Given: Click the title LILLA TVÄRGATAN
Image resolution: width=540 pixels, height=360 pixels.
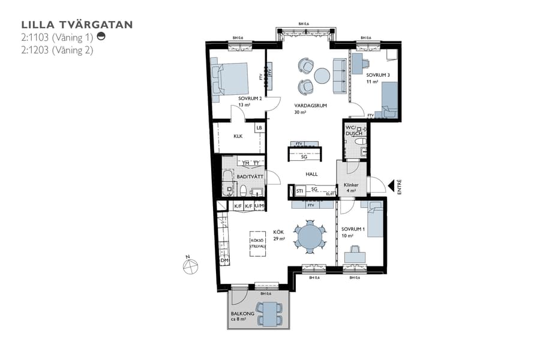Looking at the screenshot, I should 77,25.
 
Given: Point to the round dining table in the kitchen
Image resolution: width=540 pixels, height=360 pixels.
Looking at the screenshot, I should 310,235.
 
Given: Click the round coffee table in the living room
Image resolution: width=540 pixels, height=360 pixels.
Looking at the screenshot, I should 322,76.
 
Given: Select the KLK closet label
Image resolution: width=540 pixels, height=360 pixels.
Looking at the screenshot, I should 238,136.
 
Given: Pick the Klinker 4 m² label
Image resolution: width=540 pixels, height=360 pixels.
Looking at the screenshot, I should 350,188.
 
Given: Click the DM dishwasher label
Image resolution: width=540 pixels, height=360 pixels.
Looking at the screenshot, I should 224,260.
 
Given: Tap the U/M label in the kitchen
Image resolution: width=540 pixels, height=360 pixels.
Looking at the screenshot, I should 259,206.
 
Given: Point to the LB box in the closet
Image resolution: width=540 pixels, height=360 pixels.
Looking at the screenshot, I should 259,128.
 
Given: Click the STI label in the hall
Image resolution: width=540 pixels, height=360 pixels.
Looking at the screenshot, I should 300,191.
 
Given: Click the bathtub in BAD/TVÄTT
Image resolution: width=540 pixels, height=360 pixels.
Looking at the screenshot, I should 227,182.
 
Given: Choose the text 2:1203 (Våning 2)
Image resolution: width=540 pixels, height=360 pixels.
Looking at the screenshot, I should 57,50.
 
